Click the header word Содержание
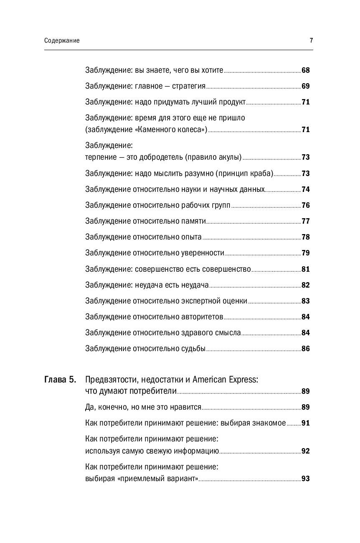pos(61,41)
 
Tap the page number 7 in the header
pos(311,41)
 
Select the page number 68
pos(305,70)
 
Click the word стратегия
pos(189,86)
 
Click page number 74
pos(305,189)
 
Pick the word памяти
pos(193,221)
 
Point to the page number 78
pos(305,237)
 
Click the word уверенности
pos(203,253)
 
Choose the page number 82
pos(305,285)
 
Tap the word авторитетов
pos(202,317)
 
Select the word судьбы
pos(193,349)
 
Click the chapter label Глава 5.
pos(60,380)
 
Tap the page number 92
pos(305,451)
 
